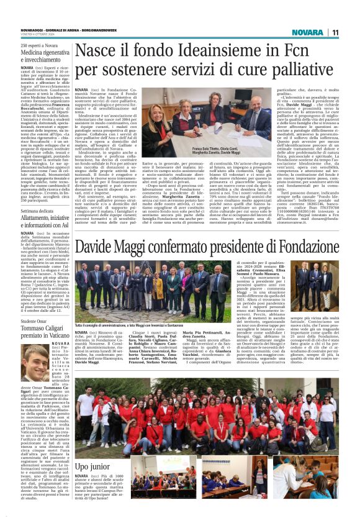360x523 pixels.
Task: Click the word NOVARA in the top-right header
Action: pyautogui.click(x=309, y=32)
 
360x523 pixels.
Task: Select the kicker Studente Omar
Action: pyautogui.click(x=34, y=321)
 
